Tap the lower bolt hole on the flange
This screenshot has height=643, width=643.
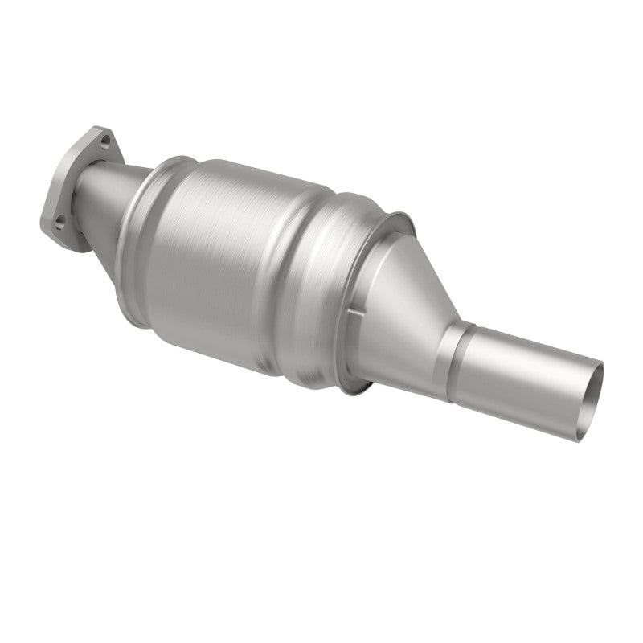point(61,218)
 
